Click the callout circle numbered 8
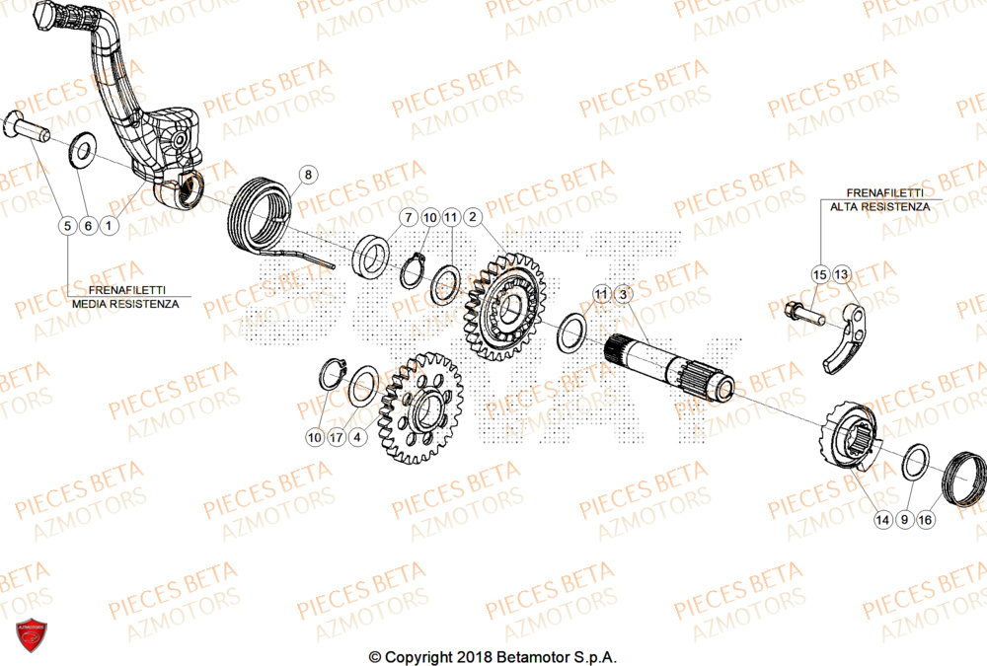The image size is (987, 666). point(307,176)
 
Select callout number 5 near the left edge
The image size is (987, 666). point(67,226)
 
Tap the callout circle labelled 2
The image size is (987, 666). point(473,216)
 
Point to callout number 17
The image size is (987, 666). point(337,436)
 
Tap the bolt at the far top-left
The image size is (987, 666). point(27,125)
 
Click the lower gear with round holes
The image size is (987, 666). point(421,410)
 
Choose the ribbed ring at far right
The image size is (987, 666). point(964,477)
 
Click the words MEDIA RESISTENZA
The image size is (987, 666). point(125,305)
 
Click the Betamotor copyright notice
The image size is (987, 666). point(493,656)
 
